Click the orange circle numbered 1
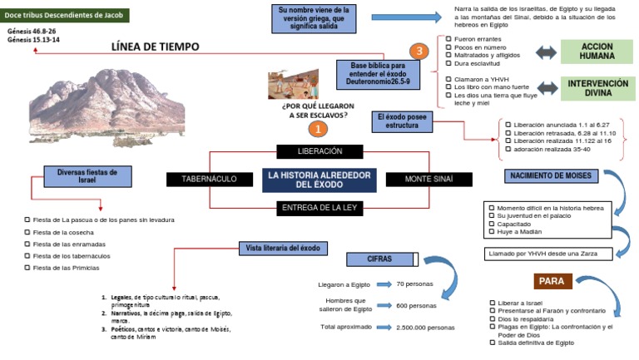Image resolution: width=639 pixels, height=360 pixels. click(317, 130)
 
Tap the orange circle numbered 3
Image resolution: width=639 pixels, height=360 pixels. click(420, 52)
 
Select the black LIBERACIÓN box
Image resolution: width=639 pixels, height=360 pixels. click(319, 151)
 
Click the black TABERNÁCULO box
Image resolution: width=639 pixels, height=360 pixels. click(203, 179)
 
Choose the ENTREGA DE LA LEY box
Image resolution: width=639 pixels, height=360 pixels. click(319, 207)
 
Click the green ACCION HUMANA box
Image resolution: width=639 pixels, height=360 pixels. click(597, 52)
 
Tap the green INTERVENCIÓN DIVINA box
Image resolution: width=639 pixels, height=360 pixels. click(597, 88)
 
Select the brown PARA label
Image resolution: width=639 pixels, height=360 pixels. click(552, 280)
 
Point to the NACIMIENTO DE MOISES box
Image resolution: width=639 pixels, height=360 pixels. click(550, 176)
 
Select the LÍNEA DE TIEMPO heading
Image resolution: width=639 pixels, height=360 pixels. click(155, 47)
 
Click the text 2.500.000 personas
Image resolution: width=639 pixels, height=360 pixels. click(426, 328)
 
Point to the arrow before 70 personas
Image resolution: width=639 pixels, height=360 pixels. click(383, 284)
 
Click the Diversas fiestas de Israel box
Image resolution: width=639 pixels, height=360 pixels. click(81, 176)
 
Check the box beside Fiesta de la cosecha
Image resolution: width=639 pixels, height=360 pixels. click(27, 232)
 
